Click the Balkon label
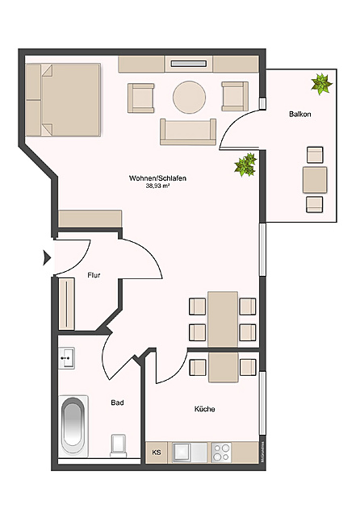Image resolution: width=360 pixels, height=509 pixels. pyautogui.click(x=299, y=115)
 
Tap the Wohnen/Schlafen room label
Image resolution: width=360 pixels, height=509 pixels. pyautogui.click(x=158, y=177)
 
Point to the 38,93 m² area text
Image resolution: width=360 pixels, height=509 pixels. pyautogui.click(x=158, y=186)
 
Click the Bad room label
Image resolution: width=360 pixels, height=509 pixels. pyautogui.click(x=117, y=402)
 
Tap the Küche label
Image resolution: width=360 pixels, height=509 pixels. pyautogui.click(x=204, y=409)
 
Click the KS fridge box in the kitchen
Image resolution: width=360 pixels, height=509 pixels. pyautogui.click(x=157, y=453)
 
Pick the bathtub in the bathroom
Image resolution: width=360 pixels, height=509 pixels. pyautogui.click(x=73, y=424)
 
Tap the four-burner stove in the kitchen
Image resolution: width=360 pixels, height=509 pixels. pyautogui.click(x=223, y=452)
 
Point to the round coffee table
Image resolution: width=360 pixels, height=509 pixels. pyautogui.click(x=190, y=98)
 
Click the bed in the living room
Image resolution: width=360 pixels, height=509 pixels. pyautogui.click(x=63, y=100)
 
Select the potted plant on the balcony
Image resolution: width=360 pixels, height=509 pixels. pyautogui.click(x=321, y=82)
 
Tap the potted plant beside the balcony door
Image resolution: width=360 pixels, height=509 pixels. pyautogui.click(x=245, y=166)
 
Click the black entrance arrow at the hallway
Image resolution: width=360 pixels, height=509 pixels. pyautogui.click(x=47, y=258)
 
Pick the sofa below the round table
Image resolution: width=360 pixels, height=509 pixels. pyautogui.click(x=188, y=130)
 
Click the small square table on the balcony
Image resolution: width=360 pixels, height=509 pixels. pyautogui.click(x=314, y=179)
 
